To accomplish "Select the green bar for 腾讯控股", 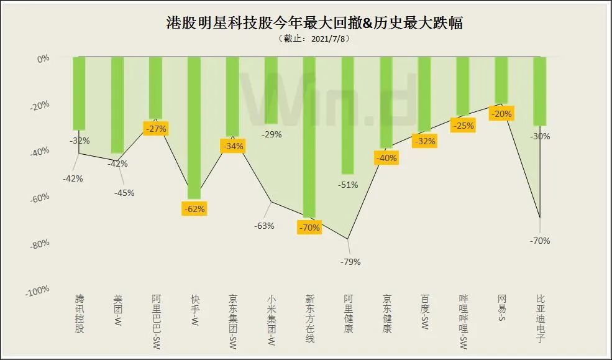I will click(x=79, y=93).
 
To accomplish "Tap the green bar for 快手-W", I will click(x=194, y=127).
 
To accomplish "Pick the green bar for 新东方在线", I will click(x=309, y=137).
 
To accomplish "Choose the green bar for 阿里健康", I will click(x=348, y=115).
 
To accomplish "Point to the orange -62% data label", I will click(x=194, y=209).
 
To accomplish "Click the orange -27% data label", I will click(x=155, y=129).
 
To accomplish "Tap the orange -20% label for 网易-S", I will click(x=501, y=114).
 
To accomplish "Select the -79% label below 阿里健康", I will click(x=350, y=262).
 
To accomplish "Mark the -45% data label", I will click(x=124, y=193).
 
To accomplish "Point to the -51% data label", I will click(x=347, y=185).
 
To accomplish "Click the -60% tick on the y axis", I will click(x=40, y=197).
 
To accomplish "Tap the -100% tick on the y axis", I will click(x=38, y=290).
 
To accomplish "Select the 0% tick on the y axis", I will click(x=43, y=58).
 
